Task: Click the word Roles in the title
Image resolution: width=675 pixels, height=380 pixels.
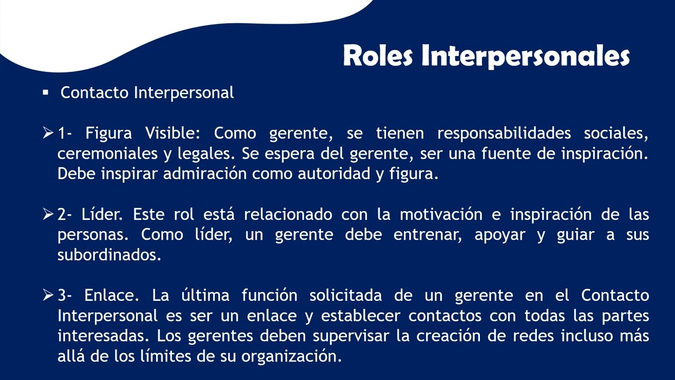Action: tap(378, 56)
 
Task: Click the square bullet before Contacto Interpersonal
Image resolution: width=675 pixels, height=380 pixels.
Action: tap(45, 92)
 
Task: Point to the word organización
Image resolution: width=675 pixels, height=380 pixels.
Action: tap(292, 356)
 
